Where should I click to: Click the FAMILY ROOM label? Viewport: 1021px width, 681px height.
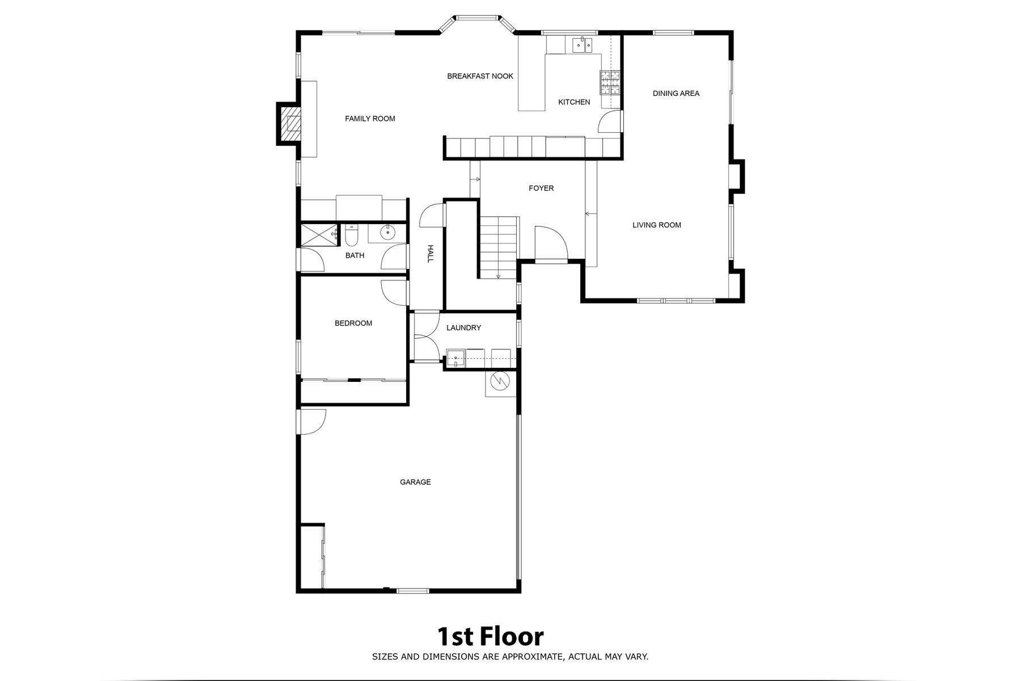[370, 119]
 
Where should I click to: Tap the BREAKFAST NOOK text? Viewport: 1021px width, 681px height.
[480, 76]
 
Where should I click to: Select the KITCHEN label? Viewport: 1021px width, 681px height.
[574, 102]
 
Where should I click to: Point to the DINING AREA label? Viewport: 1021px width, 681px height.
[676, 93]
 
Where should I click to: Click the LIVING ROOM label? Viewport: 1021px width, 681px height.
[657, 225]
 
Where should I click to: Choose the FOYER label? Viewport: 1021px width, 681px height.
[541, 188]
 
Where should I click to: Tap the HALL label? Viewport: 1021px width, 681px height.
[430, 253]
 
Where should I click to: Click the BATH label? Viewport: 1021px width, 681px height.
[355, 255]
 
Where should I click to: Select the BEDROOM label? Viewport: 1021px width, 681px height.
[353, 323]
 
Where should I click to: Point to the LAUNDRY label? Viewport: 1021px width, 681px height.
[463, 327]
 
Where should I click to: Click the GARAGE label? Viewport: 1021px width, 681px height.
[415, 482]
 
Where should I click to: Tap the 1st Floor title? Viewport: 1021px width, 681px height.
[490, 637]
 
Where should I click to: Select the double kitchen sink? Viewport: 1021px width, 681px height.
[582, 44]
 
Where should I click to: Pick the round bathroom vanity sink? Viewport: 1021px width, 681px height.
[389, 232]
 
